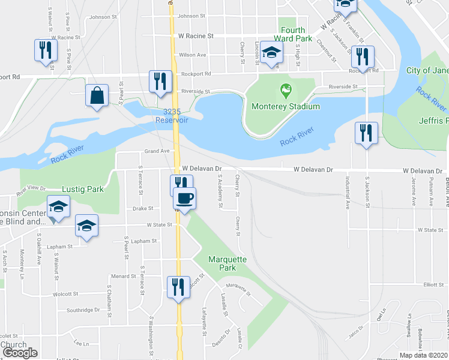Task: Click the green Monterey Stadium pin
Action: pos(286,92)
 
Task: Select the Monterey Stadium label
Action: pos(286,107)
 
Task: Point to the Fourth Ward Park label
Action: pos(294,34)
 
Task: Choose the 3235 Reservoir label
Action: pos(172,116)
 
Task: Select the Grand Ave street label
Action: pos(154,152)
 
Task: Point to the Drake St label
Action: pos(143,209)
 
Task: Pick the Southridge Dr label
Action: pos(83,310)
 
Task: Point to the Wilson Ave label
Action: pos(192,55)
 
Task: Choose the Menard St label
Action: pos(124,277)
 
